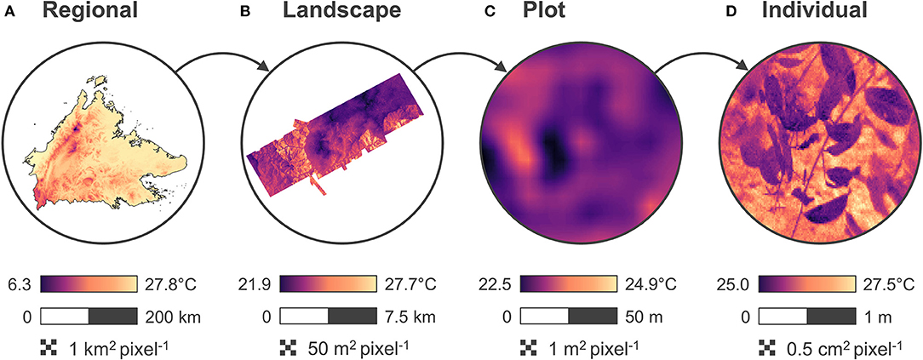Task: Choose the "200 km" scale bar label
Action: (x=169, y=317)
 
